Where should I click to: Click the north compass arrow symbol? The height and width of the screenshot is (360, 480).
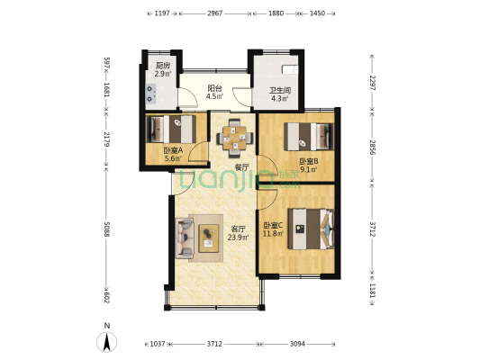107,342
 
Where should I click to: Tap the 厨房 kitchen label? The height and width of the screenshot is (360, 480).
162,65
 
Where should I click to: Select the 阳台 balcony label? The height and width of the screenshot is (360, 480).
214,88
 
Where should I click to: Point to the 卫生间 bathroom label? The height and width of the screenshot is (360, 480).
280,91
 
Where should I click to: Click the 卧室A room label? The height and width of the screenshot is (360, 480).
173,150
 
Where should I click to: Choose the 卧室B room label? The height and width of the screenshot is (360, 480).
309,161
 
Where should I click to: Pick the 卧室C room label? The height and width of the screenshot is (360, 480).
274,226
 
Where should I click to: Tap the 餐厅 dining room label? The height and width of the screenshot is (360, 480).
241,167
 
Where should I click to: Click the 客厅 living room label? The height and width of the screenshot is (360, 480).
238,229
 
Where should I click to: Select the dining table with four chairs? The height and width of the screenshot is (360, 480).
235,138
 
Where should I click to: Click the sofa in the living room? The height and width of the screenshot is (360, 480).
185,238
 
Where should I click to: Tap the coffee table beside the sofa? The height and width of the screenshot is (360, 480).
208,238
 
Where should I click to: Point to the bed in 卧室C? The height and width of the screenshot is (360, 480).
311,229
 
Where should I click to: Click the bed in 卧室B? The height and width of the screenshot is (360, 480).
309,137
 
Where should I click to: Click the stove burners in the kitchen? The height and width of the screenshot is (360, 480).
150,94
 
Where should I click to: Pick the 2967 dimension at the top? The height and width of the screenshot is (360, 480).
215,13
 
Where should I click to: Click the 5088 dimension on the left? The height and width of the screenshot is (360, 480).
107,229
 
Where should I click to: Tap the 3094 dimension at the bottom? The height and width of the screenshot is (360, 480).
297,344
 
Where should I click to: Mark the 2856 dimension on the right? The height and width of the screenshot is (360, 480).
372,148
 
